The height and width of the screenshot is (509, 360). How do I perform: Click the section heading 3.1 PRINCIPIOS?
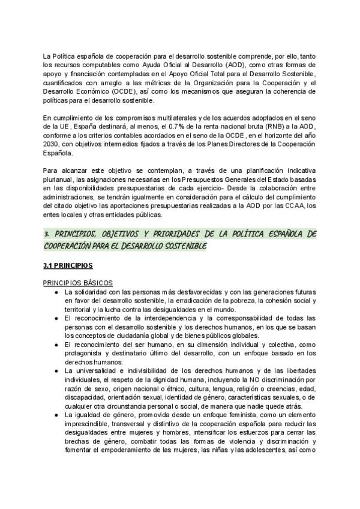pyautogui.click(x=68, y=265)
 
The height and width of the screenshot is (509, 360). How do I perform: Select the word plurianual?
pyautogui.click(x=60, y=186)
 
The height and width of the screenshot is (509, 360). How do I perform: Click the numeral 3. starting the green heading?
pyautogui.click(x=47, y=232)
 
